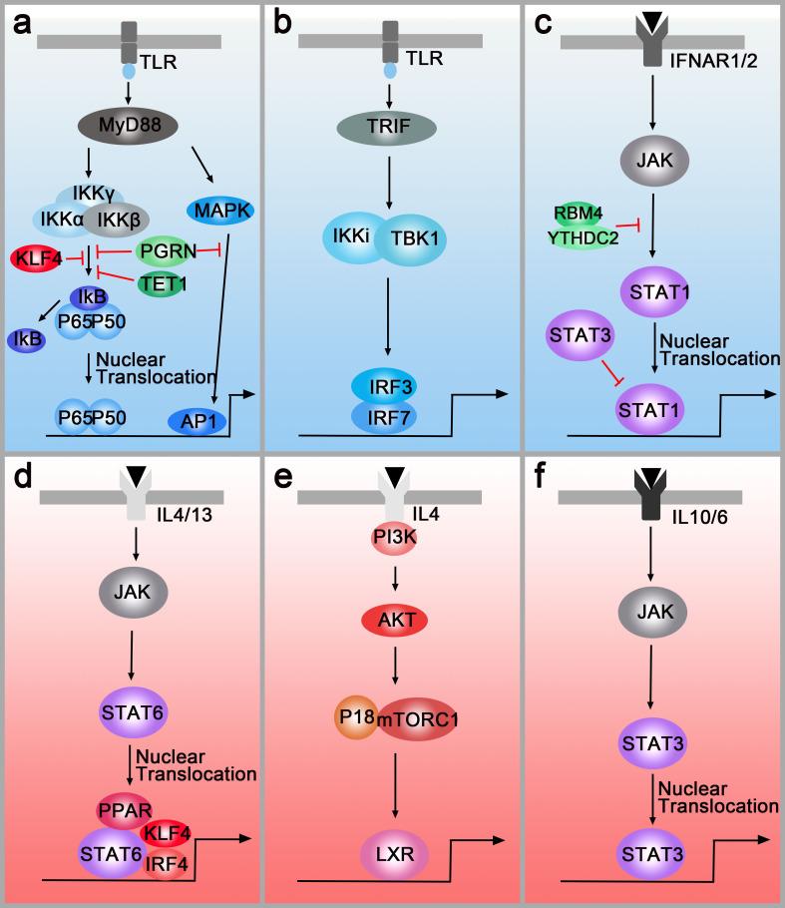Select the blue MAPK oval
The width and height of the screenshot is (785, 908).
218,211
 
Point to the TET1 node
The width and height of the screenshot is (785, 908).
165,284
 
